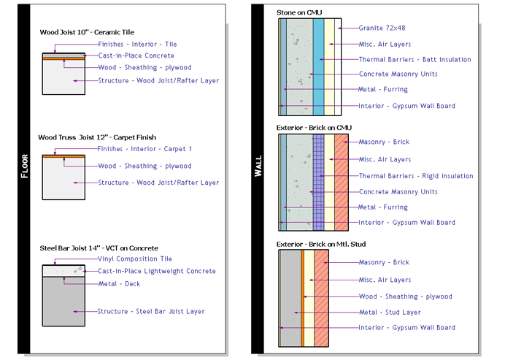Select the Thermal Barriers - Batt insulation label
[x=415, y=59]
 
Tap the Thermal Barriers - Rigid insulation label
[x=415, y=176]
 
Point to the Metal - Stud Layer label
[x=390, y=313]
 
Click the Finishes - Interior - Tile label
[x=137, y=45]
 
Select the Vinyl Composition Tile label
[x=135, y=258]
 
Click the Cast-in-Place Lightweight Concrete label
[x=157, y=271]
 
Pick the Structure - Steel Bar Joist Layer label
[x=151, y=312]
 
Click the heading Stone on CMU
[x=299, y=12]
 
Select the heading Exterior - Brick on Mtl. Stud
[x=323, y=243]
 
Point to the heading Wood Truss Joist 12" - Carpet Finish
[x=97, y=137]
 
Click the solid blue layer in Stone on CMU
[x=318, y=66]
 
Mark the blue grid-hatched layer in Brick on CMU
[x=318, y=183]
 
